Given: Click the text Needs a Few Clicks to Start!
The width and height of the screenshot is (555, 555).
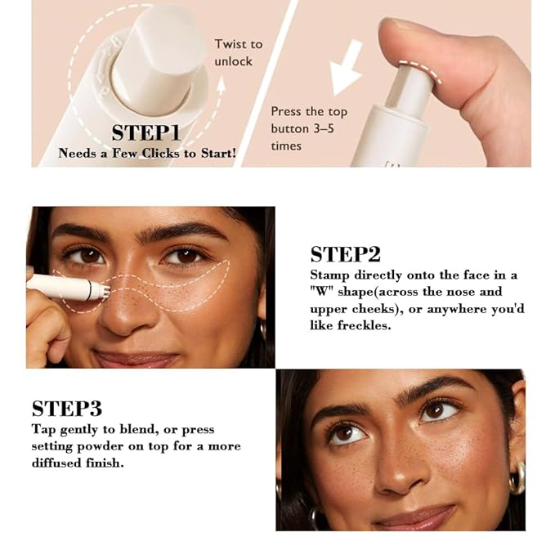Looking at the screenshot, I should [x=145, y=153].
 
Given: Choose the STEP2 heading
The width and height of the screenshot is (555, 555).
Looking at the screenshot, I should [x=345, y=254].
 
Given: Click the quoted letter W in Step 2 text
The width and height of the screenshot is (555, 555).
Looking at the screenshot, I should [x=320, y=292].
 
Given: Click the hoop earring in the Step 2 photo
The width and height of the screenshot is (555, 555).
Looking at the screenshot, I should [x=264, y=330].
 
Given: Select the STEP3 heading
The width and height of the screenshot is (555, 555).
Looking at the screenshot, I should [x=67, y=409].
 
